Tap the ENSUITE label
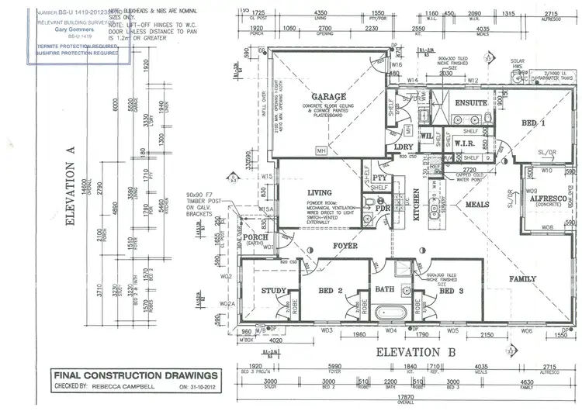pos(471,102)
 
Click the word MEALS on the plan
pos(478,205)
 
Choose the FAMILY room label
pos(522,278)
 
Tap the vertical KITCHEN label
pos(416,205)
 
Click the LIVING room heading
pos(319,193)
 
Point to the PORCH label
pos(255,237)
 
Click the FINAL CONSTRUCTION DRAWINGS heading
pos(124,375)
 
